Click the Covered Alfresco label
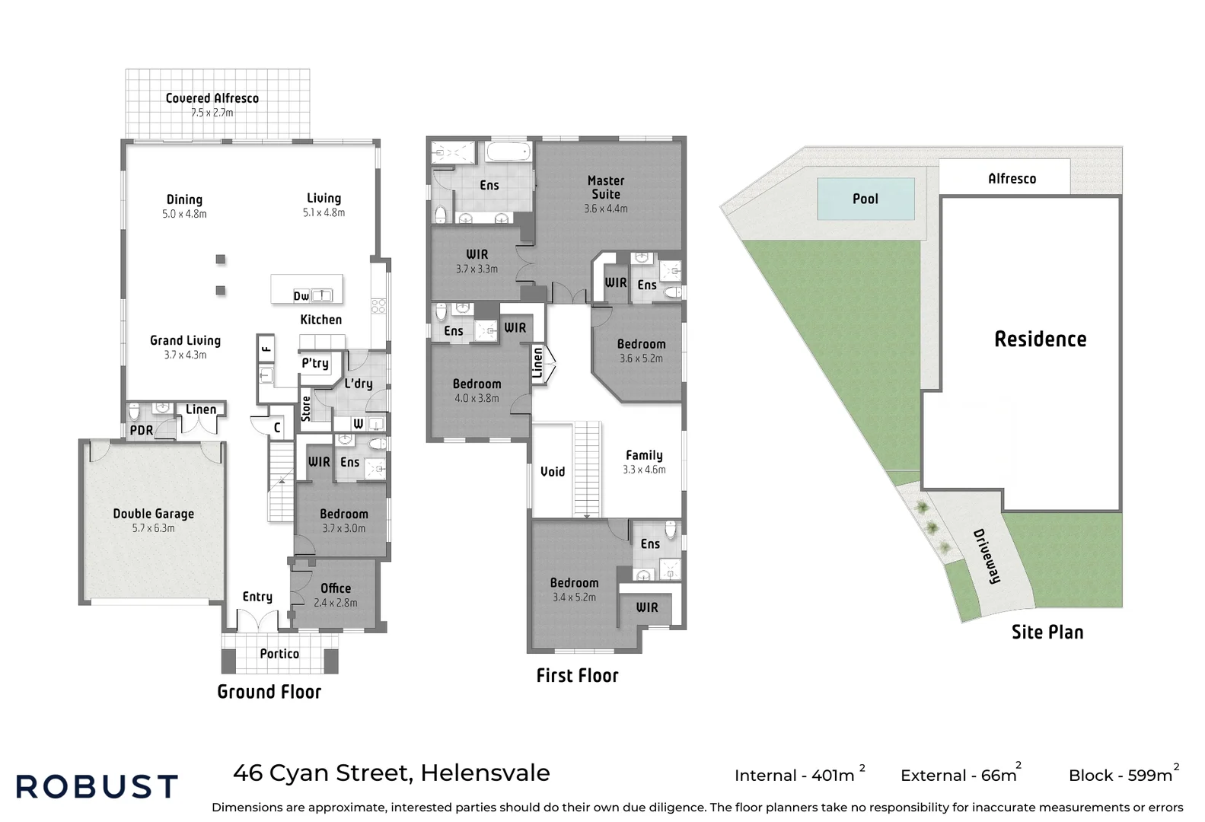point(212,98)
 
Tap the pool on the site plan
point(865,199)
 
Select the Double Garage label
point(154,514)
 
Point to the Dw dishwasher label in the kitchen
point(301,296)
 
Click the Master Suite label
point(606,187)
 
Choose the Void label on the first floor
point(553,472)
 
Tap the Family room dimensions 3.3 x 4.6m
point(644,470)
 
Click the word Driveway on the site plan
point(987,556)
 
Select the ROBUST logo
point(97,786)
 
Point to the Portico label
point(279,654)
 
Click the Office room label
point(336,588)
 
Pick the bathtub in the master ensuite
point(508,151)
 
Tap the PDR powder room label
point(142,431)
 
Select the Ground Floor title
point(269,692)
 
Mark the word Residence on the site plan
point(1041,339)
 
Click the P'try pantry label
point(315,363)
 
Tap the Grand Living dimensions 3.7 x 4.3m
point(185,355)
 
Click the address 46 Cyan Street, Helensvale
point(391,773)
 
